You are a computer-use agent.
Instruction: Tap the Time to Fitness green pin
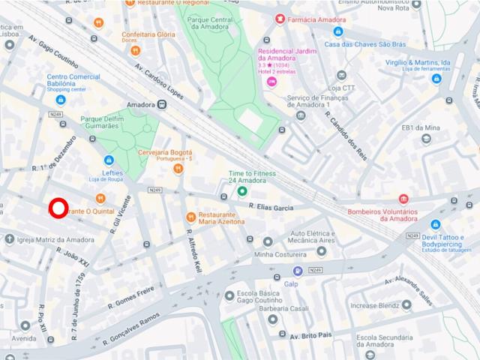pyautogui.click(x=242, y=191)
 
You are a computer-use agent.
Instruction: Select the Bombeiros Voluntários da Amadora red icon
pyautogui.click(x=404, y=199)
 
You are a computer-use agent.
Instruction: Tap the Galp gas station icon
pyautogui.click(x=298, y=271)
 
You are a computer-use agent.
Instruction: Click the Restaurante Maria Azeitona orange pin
pyautogui.click(x=191, y=217)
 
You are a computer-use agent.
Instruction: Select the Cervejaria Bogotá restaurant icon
pyautogui.click(x=178, y=169)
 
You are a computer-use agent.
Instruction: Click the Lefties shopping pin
pyautogui.click(x=108, y=160)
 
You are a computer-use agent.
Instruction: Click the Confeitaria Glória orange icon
pyautogui.click(x=135, y=51)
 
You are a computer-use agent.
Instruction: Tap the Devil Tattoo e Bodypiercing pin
pyautogui.click(x=436, y=223)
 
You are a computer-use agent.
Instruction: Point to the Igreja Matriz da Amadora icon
pyautogui.click(x=9, y=239)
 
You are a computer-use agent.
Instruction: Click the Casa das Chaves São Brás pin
pyautogui.click(x=338, y=31)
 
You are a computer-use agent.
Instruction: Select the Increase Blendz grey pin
pyautogui.click(x=406, y=305)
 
